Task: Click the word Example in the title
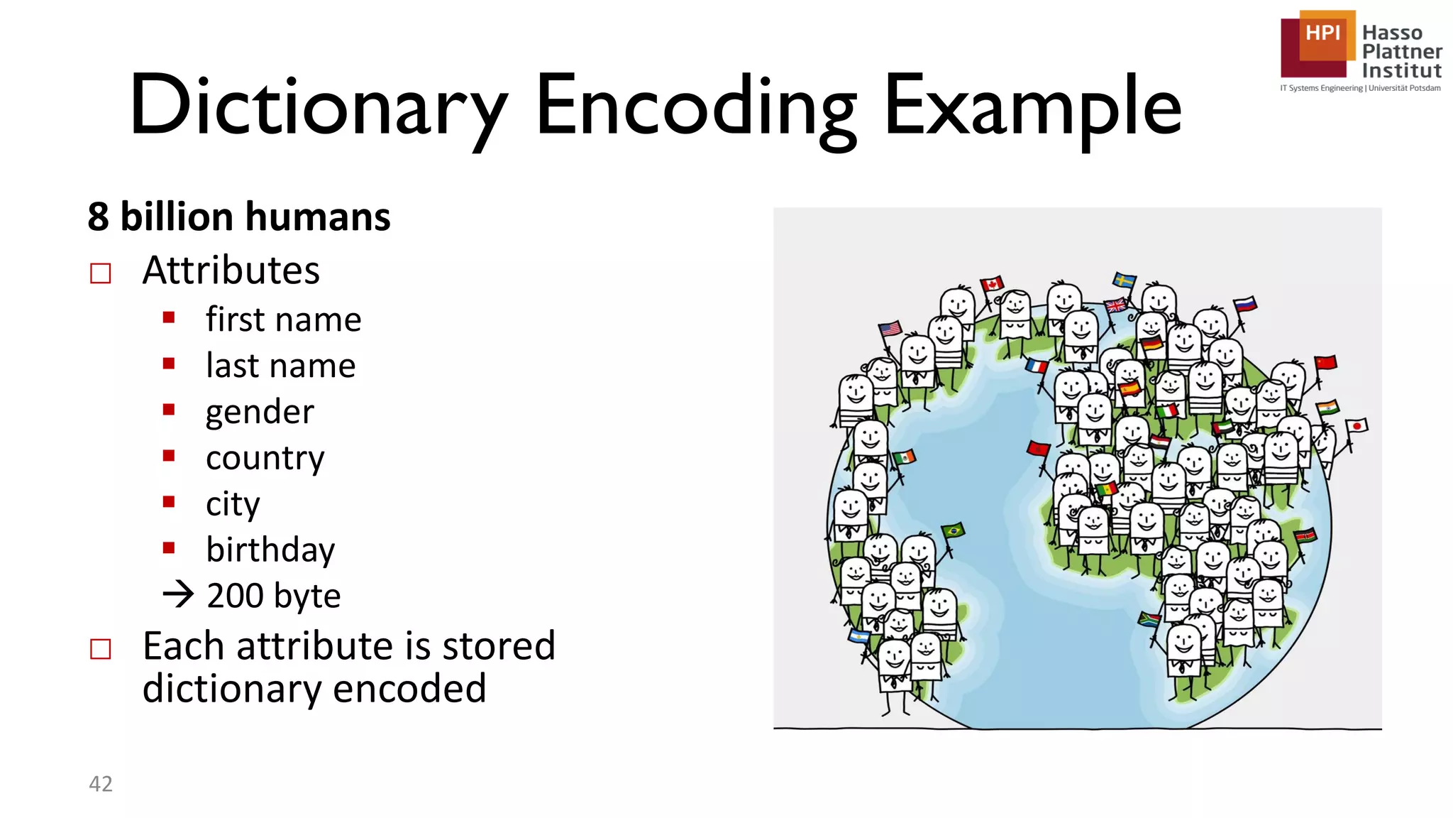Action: [x=1032, y=107]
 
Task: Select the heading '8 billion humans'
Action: [x=238, y=217]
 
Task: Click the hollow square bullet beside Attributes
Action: [x=101, y=273]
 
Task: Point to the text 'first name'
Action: [x=283, y=320]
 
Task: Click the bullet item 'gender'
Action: [x=260, y=412]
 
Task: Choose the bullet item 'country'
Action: [x=265, y=458]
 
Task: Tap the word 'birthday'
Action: [x=270, y=550]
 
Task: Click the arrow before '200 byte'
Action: [x=178, y=594]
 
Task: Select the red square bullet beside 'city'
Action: [x=169, y=502]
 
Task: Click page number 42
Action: [x=101, y=783]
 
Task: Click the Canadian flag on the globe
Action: [x=992, y=284]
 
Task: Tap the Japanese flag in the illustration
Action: [x=1357, y=426]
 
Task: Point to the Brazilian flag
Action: [x=953, y=530]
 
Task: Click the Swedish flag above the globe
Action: [x=1124, y=279]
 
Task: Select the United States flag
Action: [x=890, y=329]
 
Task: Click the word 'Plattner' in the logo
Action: [x=1401, y=52]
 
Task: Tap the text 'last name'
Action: [x=280, y=366]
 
